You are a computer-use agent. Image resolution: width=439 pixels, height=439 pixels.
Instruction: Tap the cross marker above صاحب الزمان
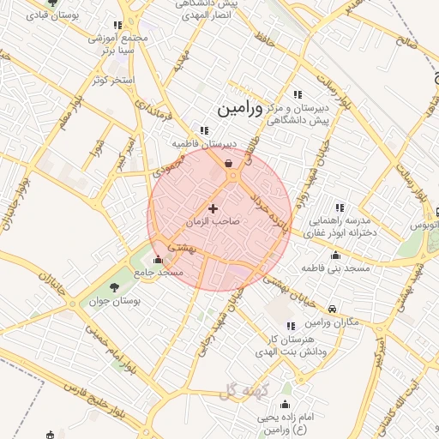pyautogui.click(x=213, y=208)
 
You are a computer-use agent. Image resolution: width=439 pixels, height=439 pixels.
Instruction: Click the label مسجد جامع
pyautogui.click(x=159, y=272)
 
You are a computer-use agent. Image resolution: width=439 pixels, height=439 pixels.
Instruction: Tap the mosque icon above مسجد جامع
pyautogui.click(x=157, y=260)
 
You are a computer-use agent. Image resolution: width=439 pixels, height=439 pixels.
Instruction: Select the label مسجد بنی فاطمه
pyautogui.click(x=335, y=268)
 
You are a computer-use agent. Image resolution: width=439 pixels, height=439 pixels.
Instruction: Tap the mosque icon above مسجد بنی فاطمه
pyautogui.click(x=335, y=256)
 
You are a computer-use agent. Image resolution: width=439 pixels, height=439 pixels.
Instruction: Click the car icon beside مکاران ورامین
pyautogui.click(x=332, y=310)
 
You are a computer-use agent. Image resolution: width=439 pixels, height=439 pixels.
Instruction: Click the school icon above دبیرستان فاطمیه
pyautogui.click(x=204, y=130)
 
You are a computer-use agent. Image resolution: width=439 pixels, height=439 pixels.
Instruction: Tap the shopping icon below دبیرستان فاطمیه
pyautogui.click(x=228, y=162)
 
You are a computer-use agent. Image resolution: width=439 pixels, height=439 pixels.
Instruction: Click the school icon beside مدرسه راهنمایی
pyautogui.click(x=340, y=207)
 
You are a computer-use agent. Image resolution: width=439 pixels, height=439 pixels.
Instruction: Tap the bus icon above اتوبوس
pyautogui.click(x=436, y=211)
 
